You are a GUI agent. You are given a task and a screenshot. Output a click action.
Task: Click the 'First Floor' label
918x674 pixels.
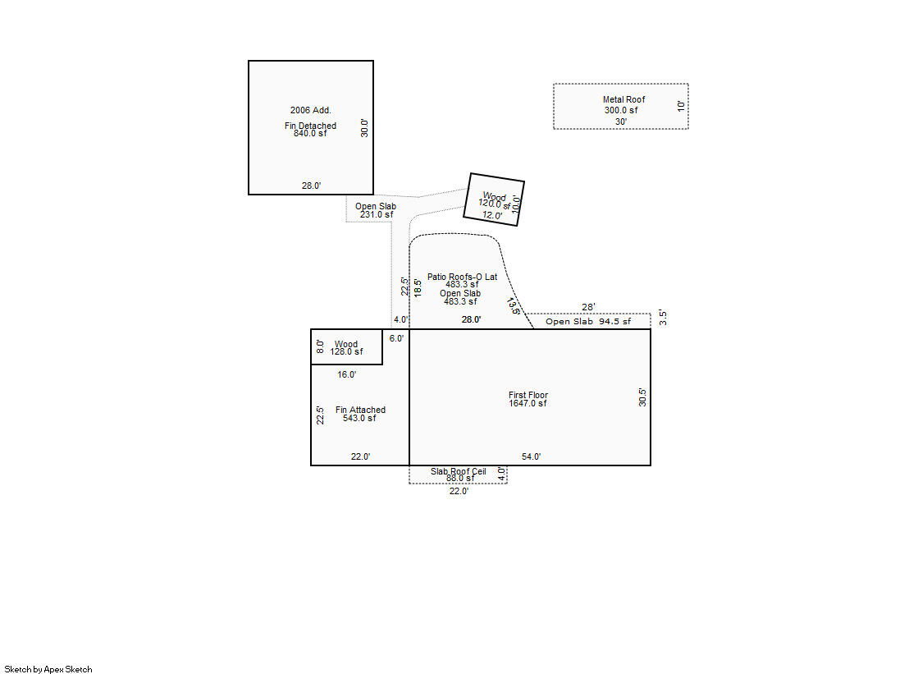(528, 395)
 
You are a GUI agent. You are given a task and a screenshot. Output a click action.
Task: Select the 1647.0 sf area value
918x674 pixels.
(528, 403)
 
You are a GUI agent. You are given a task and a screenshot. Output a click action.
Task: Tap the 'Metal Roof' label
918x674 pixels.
(623, 100)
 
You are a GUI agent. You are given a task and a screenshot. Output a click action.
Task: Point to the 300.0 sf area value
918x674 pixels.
(621, 110)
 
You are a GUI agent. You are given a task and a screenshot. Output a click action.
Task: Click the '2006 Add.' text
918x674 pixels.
(310, 110)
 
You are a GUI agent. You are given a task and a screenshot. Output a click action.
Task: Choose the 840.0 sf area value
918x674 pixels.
(310, 133)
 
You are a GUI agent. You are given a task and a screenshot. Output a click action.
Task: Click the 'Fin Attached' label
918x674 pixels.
(360, 410)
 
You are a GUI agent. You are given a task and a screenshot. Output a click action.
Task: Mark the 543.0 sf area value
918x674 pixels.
(359, 418)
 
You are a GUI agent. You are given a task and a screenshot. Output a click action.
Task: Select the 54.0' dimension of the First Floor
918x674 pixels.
(532, 456)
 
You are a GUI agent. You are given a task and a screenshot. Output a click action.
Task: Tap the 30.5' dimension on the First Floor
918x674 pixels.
(642, 397)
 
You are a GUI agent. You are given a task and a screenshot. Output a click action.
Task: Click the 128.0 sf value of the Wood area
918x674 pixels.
(346, 351)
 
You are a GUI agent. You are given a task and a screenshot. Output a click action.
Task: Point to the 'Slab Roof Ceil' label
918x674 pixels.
(459, 471)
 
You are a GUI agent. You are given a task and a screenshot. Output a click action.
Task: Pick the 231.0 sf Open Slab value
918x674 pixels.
(377, 214)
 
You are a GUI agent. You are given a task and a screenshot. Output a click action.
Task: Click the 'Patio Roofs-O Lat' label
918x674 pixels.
(462, 277)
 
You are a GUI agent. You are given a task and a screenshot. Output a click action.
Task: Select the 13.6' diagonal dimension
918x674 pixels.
(514, 305)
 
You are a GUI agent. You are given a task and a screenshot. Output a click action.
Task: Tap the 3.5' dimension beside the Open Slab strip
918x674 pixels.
(663, 318)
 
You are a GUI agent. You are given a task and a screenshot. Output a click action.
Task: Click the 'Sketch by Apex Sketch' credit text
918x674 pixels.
(48, 669)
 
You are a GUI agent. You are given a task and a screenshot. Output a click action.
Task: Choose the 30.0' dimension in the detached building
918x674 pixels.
(364, 127)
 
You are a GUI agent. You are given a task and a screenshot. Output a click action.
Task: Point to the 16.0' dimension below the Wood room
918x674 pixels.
(347, 374)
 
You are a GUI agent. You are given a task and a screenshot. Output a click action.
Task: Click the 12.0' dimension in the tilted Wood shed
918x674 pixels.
(492, 215)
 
